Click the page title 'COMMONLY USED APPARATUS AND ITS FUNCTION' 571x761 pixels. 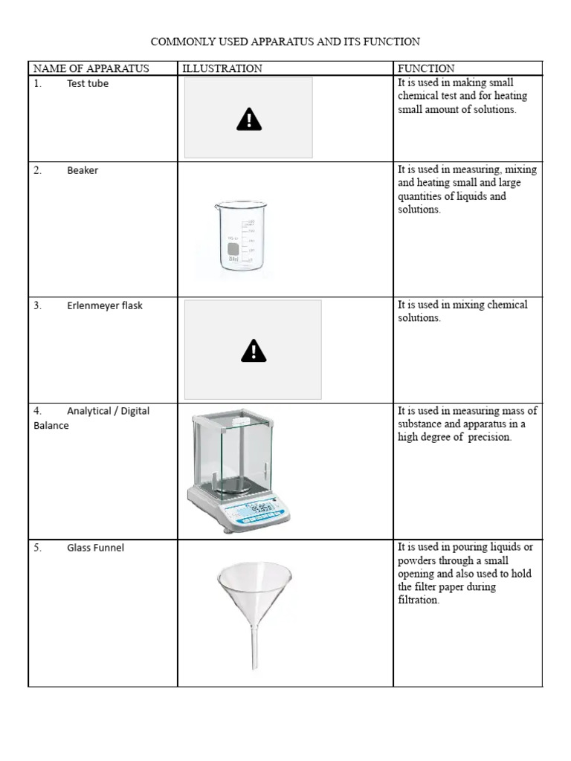pos(285,42)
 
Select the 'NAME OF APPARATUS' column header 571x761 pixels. pos(91,68)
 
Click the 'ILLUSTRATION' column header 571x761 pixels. pos(222,68)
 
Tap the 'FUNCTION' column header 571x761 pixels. pos(426,68)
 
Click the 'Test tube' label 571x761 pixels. pos(88,84)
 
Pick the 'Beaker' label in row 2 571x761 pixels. pos(83,170)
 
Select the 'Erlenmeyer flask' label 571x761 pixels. pos(105,305)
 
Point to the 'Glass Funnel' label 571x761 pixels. pos(95,548)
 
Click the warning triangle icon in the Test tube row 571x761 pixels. pos(248,118)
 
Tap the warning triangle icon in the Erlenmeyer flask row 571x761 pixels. pos(254,350)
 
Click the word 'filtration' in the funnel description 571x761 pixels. pos(418,600)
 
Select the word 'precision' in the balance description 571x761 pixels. pos(488,438)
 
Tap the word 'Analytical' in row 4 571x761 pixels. pos(88,411)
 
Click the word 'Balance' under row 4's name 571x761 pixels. pos(51,426)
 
